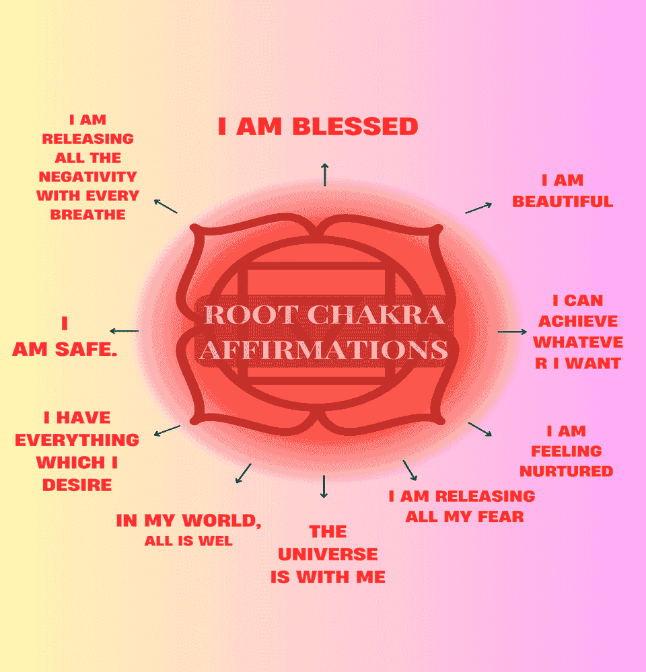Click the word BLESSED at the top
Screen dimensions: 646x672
pos(355,126)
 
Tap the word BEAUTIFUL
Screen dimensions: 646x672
pos(563,201)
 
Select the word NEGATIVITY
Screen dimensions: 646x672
pos(88,176)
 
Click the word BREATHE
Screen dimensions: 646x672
pos(88,215)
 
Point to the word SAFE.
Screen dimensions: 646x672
pos(86,349)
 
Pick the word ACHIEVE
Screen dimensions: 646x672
pos(578,322)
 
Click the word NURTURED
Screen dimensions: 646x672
pos(567,472)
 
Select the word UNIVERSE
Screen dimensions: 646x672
pos(328,554)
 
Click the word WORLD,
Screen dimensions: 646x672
pos(221,521)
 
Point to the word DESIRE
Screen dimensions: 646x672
pos(77,485)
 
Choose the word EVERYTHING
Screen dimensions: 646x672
pos(77,440)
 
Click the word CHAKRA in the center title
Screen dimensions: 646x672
pos(376,315)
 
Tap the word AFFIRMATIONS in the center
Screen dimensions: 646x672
pos(324,349)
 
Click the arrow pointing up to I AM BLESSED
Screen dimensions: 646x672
pos(325,175)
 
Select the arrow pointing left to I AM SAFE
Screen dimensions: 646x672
pos(124,331)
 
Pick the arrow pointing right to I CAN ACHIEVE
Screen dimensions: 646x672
pos(512,332)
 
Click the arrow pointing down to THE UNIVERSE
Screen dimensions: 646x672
pos(324,486)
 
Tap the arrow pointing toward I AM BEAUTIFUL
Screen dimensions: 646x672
pos(478,208)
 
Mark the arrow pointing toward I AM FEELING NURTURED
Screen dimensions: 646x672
pos(480,429)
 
